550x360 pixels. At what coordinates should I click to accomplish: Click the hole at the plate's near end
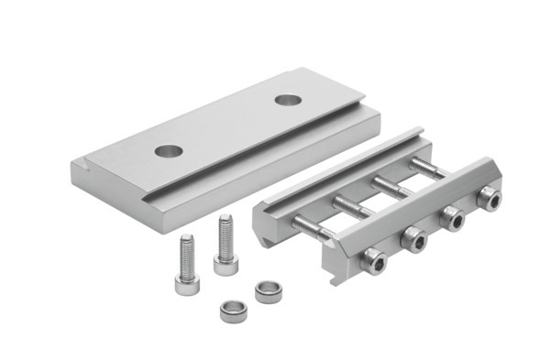[167, 149]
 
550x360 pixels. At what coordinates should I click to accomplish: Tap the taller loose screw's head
[225, 264]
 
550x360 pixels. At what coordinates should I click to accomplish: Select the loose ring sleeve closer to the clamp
[268, 292]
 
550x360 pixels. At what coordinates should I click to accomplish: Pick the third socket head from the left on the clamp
[450, 217]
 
